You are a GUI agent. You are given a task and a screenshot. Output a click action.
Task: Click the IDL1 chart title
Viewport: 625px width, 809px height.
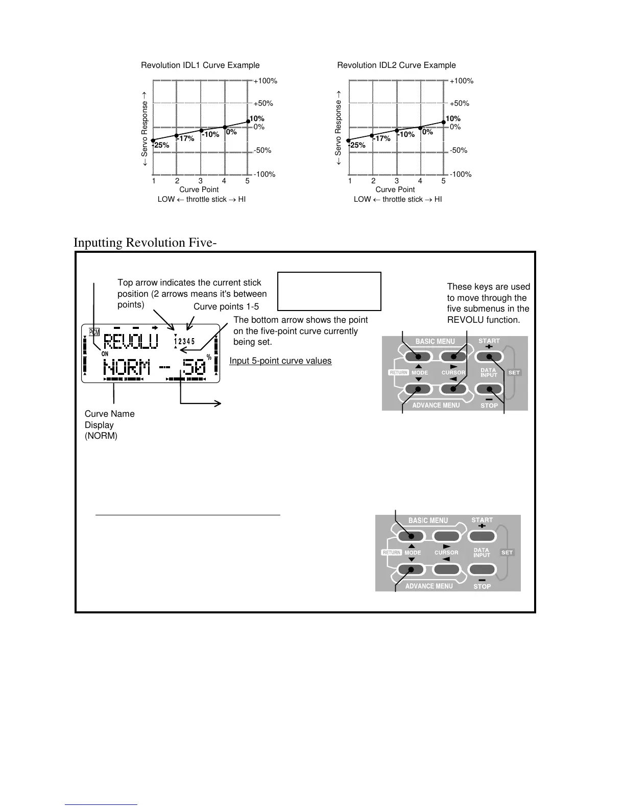tap(200, 65)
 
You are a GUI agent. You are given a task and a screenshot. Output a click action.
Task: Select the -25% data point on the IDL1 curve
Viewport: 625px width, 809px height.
tap(153, 140)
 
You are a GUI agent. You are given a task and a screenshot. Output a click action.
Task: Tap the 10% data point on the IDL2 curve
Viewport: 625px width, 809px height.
tap(444, 122)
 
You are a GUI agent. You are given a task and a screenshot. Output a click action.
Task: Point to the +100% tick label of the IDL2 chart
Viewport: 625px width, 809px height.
tap(462, 81)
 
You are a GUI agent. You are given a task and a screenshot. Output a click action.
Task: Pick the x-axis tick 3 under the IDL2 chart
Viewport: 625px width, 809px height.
tap(397, 181)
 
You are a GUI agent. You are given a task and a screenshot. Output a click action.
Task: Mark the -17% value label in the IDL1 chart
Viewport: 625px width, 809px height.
tap(185, 139)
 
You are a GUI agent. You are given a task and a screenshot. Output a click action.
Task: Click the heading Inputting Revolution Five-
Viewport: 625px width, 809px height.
tap(145, 242)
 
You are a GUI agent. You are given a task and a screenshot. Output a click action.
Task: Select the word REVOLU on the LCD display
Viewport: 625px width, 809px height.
tap(131, 342)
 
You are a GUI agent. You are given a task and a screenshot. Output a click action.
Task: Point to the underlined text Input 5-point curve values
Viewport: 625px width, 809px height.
tap(280, 361)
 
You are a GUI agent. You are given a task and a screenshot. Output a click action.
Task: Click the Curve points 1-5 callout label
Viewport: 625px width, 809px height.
tap(226, 306)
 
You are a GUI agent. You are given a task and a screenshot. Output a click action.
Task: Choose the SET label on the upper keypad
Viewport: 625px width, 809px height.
tap(514, 372)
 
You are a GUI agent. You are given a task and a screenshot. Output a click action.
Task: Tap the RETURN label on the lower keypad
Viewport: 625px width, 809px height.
tap(392, 553)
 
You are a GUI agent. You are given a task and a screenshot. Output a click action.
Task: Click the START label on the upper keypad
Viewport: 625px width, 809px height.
tap(489, 341)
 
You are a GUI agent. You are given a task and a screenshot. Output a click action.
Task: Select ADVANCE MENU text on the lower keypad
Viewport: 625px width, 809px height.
tap(429, 586)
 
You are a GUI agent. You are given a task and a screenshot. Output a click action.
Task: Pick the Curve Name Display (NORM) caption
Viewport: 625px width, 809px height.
tap(109, 425)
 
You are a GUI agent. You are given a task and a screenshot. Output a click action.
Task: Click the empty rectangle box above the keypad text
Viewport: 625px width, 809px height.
tap(329, 291)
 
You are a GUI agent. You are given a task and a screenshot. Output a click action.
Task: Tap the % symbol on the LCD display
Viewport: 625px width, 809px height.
tap(209, 358)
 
